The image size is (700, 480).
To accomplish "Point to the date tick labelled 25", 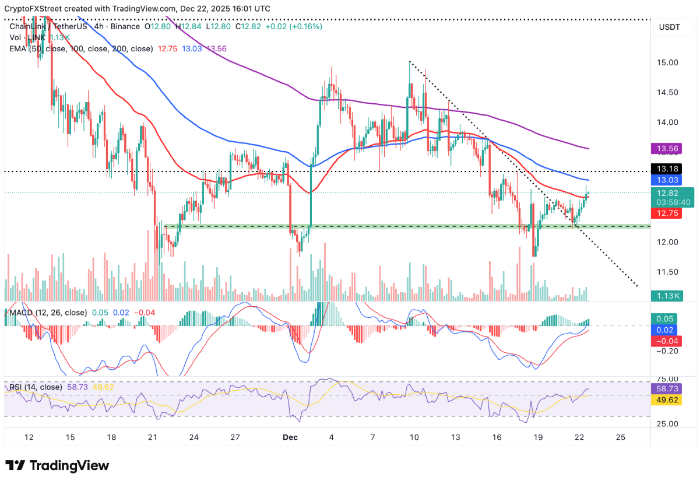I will [620, 437].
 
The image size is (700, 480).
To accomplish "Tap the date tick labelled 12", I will [29, 437].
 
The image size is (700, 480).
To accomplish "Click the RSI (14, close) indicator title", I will [36, 387].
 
